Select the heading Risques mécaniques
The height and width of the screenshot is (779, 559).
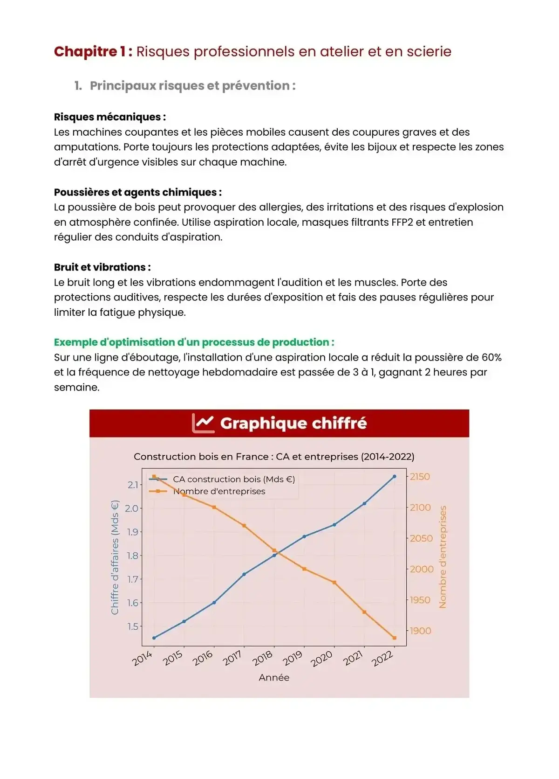pyautogui.click(x=109, y=117)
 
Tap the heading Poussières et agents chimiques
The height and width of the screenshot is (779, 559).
pyautogui.click(x=137, y=192)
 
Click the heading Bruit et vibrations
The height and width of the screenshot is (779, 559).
pyautogui.click(x=102, y=267)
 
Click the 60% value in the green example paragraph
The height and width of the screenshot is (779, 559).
pyautogui.click(x=491, y=357)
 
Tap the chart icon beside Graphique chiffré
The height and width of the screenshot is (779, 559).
pyautogui.click(x=204, y=423)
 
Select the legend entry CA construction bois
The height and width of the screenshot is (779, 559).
pyautogui.click(x=233, y=479)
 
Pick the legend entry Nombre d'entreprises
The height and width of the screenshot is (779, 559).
pyautogui.click(x=219, y=491)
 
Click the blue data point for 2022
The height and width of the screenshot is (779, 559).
pyautogui.click(x=395, y=476)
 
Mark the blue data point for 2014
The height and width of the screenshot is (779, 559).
pyautogui.click(x=154, y=638)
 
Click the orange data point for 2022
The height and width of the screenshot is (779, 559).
pyautogui.click(x=395, y=638)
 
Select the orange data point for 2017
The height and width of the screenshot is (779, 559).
pyautogui.click(x=244, y=526)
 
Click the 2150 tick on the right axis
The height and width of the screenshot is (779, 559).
pyautogui.click(x=420, y=477)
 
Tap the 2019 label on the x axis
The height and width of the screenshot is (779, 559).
pyautogui.click(x=293, y=658)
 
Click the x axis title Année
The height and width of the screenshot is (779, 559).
pyautogui.click(x=274, y=677)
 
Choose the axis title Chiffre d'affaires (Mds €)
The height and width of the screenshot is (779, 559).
pyautogui.click(x=115, y=557)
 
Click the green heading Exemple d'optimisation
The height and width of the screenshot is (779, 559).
pyautogui.click(x=194, y=342)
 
